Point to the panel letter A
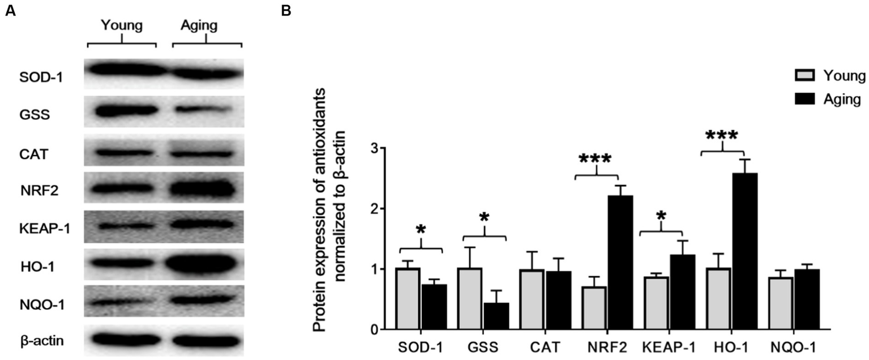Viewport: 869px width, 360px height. (10, 10)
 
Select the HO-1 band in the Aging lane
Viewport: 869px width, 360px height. (207, 264)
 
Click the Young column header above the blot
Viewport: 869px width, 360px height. (122, 25)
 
